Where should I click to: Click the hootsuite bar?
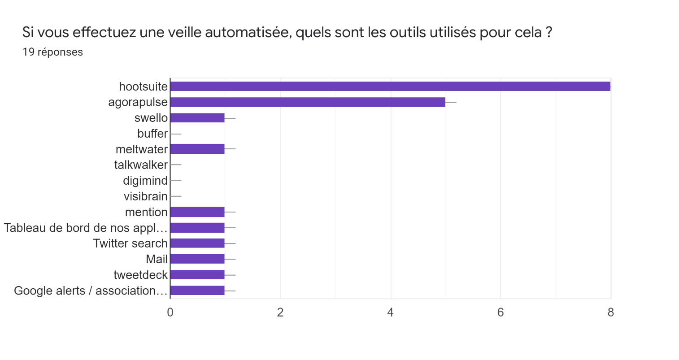click(x=390, y=87)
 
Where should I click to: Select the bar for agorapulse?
click(x=308, y=102)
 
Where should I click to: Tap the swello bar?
click(x=197, y=118)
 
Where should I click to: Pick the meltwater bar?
click(x=197, y=149)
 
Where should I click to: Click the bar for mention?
click(x=197, y=212)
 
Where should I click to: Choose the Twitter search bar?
click(x=197, y=243)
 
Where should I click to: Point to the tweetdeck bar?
click(x=197, y=275)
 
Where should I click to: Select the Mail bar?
click(x=197, y=259)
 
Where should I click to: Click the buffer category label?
click(x=152, y=134)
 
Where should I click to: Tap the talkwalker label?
click(x=141, y=165)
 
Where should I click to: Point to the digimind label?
click(x=145, y=181)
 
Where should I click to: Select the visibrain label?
click(x=146, y=196)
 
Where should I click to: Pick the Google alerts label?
click(x=91, y=291)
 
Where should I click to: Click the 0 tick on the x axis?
click(x=170, y=312)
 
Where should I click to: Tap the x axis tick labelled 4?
click(x=391, y=312)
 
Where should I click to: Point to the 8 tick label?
click(x=610, y=312)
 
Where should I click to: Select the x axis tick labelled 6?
click(x=501, y=312)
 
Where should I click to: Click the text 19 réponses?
click(x=52, y=52)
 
